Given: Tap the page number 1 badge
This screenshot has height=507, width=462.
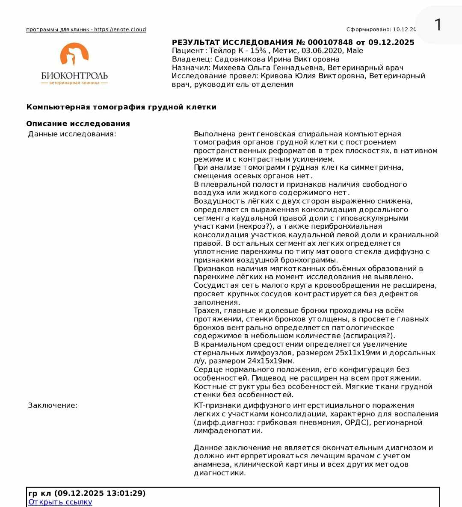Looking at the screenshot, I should (x=438, y=25).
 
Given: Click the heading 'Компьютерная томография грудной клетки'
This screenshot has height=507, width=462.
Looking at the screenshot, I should (x=121, y=107).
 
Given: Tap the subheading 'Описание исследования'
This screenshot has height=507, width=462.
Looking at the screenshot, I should (x=78, y=124).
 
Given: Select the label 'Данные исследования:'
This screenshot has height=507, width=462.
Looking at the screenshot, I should (x=72, y=134).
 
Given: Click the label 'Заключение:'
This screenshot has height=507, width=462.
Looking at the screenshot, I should (x=53, y=405).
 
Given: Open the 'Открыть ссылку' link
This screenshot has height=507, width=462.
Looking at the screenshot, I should (x=60, y=502).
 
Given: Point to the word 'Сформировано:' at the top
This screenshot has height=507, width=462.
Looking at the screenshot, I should (x=368, y=29).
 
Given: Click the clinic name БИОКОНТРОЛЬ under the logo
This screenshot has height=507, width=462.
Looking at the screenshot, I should (x=74, y=76).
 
